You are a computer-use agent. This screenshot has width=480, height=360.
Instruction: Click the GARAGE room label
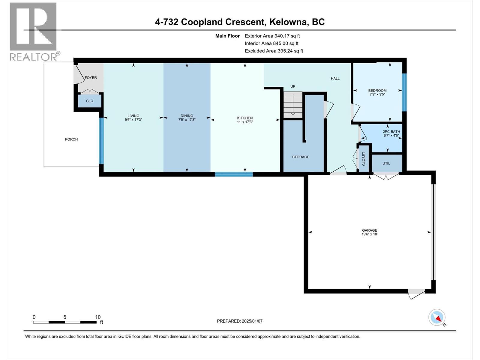tap(369, 232)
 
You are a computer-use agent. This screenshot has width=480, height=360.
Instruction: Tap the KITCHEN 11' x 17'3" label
tap(245, 120)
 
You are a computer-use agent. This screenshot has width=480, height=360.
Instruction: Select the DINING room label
tap(187, 118)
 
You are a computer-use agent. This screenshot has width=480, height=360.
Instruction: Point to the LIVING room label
tap(133, 118)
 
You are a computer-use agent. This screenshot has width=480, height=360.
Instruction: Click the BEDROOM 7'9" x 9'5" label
tap(377, 92)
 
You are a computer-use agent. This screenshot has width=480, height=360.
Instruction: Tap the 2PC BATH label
tap(391, 133)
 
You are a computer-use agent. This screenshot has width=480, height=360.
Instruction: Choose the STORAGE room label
tap(301, 157)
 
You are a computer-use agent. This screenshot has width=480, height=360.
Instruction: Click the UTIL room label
tap(386, 163)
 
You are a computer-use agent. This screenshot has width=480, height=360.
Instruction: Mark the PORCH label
tap(71, 139)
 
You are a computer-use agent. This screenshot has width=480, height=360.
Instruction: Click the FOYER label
tap(91, 78)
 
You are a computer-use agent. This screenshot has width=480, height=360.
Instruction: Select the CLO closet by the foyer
tap(89, 101)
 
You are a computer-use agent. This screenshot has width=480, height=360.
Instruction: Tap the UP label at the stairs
tap(293, 86)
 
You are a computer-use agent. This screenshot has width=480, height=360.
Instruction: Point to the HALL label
tap(335, 79)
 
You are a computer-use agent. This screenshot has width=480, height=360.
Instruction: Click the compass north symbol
tap(437, 318)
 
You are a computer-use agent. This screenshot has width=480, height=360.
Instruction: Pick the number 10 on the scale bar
tap(98, 317)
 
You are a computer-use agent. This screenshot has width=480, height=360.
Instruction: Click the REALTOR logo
tap(34, 31)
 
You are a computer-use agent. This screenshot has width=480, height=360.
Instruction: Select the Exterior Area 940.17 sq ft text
tap(272, 36)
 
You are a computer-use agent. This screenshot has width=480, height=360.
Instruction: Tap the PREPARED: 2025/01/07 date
tap(240, 321)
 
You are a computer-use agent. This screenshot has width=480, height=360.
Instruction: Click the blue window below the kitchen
tap(234, 174)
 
